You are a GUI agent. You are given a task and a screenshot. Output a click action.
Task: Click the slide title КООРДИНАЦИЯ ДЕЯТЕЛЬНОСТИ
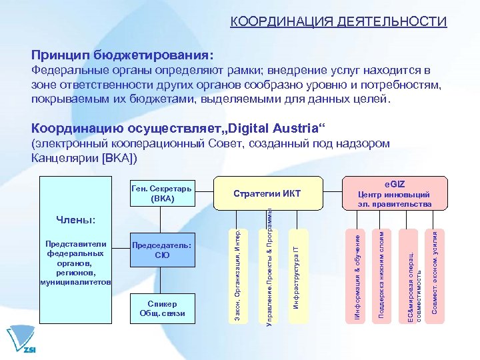pos(338,22)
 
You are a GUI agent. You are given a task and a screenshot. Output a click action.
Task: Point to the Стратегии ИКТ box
pos(267,193)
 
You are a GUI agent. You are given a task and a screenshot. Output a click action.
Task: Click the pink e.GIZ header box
pos(395,193)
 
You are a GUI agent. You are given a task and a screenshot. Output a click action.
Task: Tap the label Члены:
pos(75,219)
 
